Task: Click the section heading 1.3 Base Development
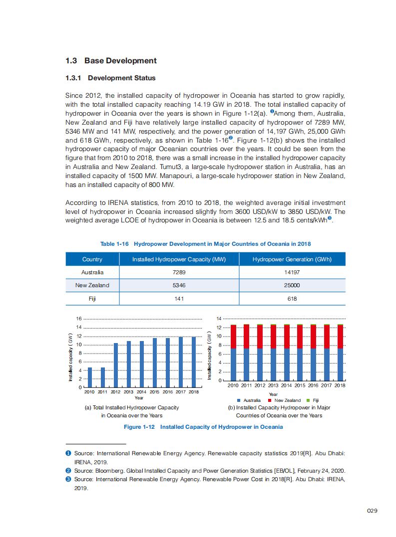tap(111, 61)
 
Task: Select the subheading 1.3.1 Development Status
tap(110, 78)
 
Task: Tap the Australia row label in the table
tap(92, 272)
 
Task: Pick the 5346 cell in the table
tap(179, 285)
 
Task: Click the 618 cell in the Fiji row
tap(292, 299)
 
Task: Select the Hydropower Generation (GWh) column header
tap(292, 259)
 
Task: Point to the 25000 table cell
tap(292, 285)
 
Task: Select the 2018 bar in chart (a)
tap(194, 362)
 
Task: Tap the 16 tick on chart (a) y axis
tap(78, 319)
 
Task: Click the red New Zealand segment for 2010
tap(233, 337)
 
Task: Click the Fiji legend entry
tap(313, 400)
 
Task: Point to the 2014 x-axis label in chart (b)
tap(287, 385)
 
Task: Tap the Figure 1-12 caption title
tap(203, 427)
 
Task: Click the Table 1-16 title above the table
tap(205, 244)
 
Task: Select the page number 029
tap(372, 511)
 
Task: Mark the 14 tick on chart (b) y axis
tap(219, 319)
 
